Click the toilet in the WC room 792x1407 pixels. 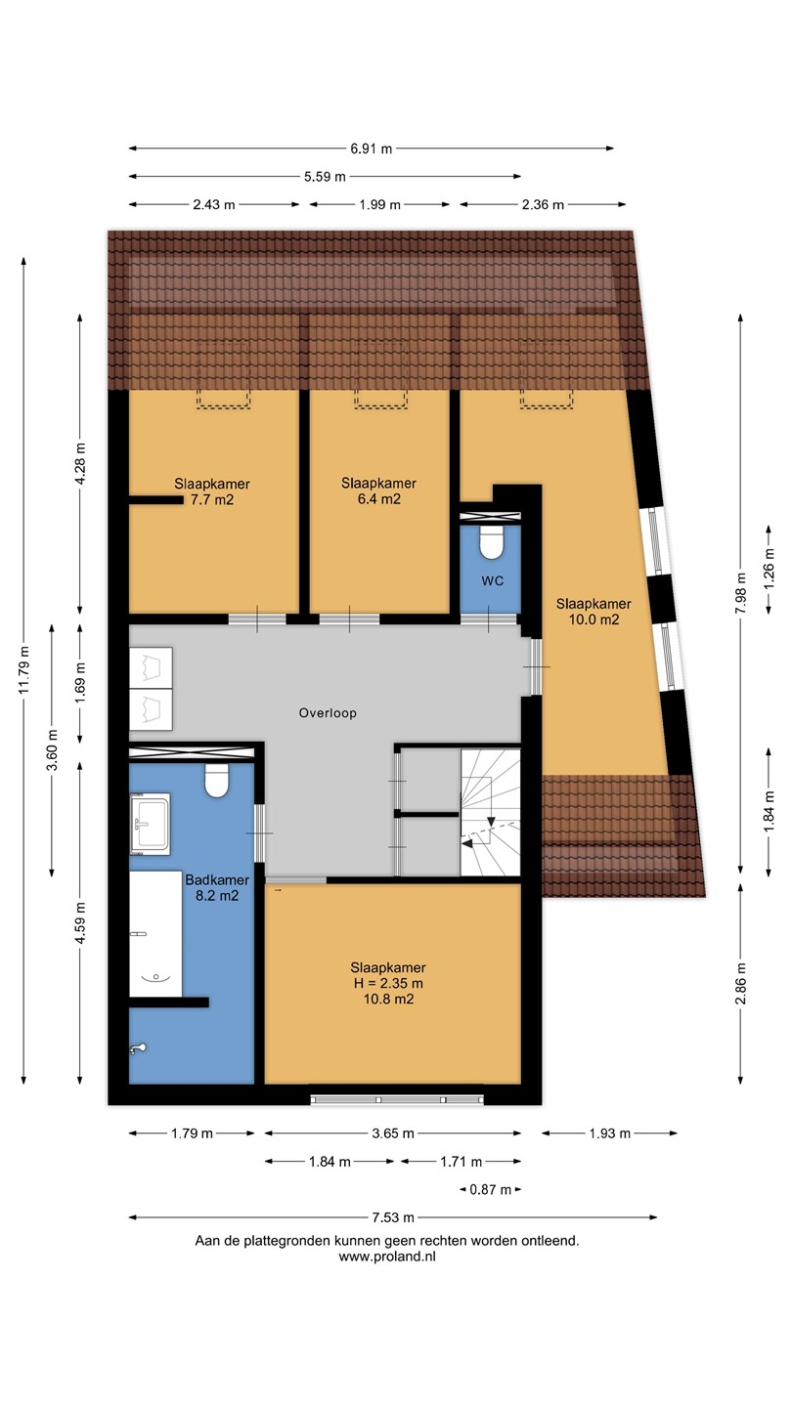(x=491, y=542)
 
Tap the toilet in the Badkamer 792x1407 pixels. (x=217, y=781)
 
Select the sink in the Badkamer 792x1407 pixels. (x=150, y=824)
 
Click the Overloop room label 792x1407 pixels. (x=328, y=713)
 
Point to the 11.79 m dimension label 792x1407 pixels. (x=23, y=669)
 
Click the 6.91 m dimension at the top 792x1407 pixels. (x=371, y=149)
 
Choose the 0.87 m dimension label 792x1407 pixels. (x=490, y=1190)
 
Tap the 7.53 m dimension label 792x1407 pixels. (x=393, y=1217)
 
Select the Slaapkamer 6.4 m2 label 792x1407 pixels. (x=378, y=491)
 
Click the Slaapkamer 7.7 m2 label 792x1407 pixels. (x=212, y=491)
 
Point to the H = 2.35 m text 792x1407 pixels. (x=388, y=983)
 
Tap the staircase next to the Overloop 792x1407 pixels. (x=490, y=812)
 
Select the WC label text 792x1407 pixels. (x=493, y=580)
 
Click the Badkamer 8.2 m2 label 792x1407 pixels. (x=217, y=887)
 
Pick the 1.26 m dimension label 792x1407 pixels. (x=769, y=569)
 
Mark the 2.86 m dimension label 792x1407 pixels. (x=741, y=984)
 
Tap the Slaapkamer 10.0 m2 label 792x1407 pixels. (x=594, y=612)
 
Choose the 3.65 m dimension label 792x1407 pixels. (x=393, y=1133)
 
